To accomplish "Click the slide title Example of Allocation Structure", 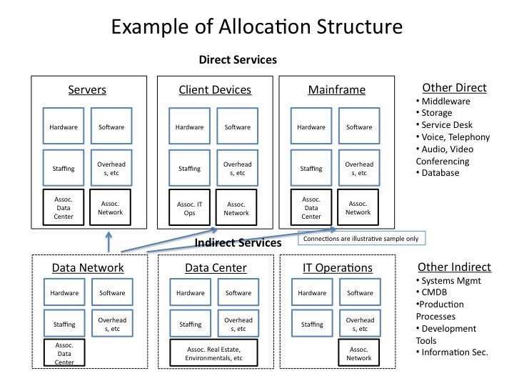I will tap(256, 27).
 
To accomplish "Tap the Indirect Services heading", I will tap(238, 243).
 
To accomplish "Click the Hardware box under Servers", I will tap(64, 127).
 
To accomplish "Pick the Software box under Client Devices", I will tap(237, 127).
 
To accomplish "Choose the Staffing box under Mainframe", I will tap(311, 169).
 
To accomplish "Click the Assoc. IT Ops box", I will tap(190, 207).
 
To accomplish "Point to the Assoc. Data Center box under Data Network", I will tap(64, 353).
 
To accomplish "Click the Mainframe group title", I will tap(336, 90).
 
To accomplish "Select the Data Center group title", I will tap(216, 268).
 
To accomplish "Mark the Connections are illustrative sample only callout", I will tap(362, 239).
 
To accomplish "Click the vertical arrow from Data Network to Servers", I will tap(108, 241).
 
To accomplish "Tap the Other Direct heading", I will tap(454, 88).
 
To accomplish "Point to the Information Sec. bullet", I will tap(455, 352).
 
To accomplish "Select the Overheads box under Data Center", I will tap(237, 324).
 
